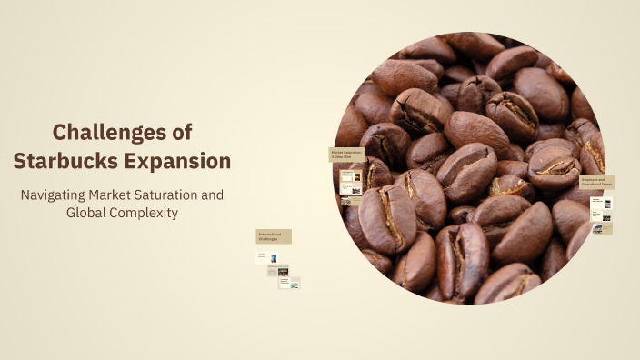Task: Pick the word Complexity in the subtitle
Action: tap(145, 213)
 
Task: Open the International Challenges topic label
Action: tap(273, 236)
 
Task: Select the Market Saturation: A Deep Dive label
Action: tap(346, 155)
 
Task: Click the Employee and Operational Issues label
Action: tap(596, 182)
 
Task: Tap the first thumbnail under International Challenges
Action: tap(270, 257)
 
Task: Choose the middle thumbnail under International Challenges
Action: tap(278, 271)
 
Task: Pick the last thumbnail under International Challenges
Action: tap(289, 283)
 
